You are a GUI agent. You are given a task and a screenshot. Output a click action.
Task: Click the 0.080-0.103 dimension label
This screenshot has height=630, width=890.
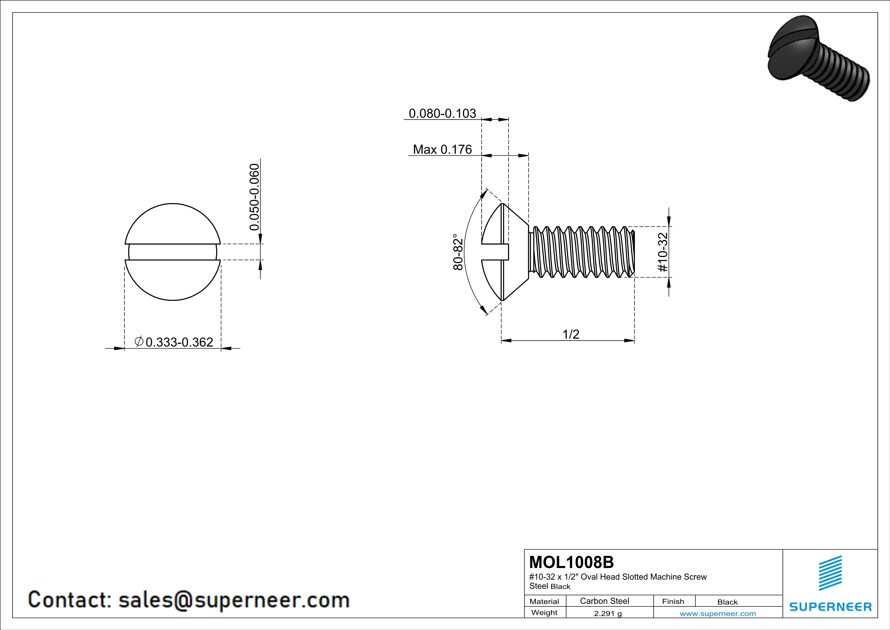[442, 113]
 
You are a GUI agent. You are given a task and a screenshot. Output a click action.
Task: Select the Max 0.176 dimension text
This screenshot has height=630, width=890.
[442, 149]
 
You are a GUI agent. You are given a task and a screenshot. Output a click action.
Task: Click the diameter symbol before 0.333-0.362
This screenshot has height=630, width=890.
[139, 341]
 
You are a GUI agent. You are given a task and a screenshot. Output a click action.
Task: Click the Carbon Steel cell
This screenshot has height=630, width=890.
[604, 601]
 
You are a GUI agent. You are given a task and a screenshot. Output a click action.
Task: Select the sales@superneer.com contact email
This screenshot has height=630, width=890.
[234, 600]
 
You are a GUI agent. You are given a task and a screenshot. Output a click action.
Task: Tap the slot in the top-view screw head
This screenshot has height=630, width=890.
[173, 252]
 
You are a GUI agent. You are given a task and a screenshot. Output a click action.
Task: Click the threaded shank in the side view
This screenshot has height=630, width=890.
[583, 252]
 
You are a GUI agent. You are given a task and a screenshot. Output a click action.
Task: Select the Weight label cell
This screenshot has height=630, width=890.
[544, 612]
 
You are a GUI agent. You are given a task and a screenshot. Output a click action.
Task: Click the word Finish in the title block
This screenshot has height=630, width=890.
[673, 601]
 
